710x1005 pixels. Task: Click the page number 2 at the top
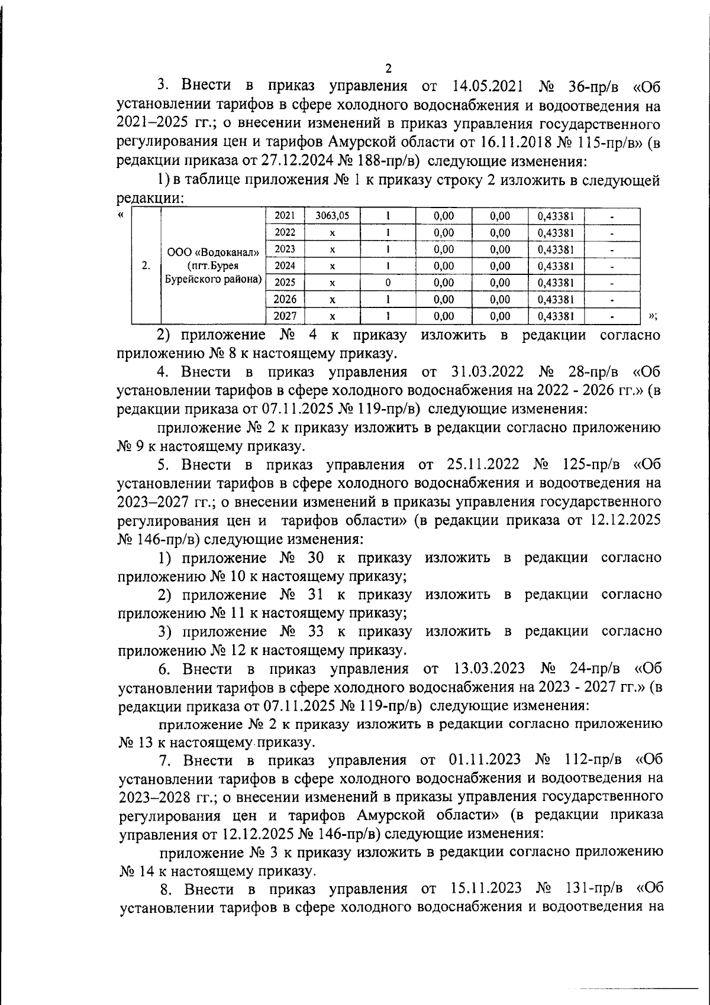pos(388,68)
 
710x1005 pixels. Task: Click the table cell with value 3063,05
pos(332,216)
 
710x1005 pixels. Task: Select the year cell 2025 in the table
pos(285,283)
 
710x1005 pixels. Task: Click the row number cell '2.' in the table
pos(146,265)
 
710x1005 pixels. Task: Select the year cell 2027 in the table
pos(285,316)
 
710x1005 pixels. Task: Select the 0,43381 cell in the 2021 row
pos(556,216)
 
